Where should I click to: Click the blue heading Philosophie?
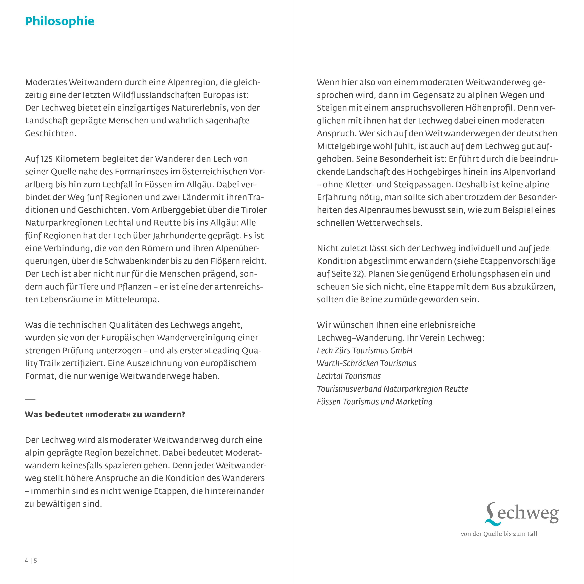(x=60, y=21)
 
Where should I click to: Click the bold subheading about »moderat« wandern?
(x=105, y=414)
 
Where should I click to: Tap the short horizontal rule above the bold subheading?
(x=30, y=399)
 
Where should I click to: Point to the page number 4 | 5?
(x=31, y=561)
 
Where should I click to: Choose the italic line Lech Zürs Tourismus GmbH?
(x=365, y=351)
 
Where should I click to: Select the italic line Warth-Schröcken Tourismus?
(x=366, y=363)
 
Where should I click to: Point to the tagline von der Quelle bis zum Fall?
(x=499, y=534)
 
